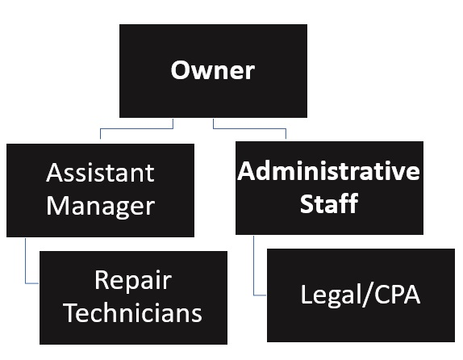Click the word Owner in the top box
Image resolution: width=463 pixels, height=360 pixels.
(212, 70)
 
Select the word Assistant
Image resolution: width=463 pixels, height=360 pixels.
(100, 173)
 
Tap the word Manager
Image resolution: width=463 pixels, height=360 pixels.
(100, 205)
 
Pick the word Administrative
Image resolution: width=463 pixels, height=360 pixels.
(329, 172)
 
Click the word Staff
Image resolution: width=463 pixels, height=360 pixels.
(328, 203)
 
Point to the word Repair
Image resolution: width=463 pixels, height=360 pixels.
(133, 280)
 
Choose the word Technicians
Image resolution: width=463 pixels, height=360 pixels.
(133, 312)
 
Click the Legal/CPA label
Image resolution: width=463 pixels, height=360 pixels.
(360, 294)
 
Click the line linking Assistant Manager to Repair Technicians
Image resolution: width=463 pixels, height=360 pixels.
(27, 262)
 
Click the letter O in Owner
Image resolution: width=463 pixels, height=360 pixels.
(181, 70)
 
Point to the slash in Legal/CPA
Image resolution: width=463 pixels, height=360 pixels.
(368, 295)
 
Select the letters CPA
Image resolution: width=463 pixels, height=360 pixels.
(396, 294)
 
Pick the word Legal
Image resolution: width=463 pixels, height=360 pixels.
(332, 295)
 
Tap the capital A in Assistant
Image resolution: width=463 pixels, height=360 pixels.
(55, 173)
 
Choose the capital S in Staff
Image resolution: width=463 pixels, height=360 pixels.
(307, 203)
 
